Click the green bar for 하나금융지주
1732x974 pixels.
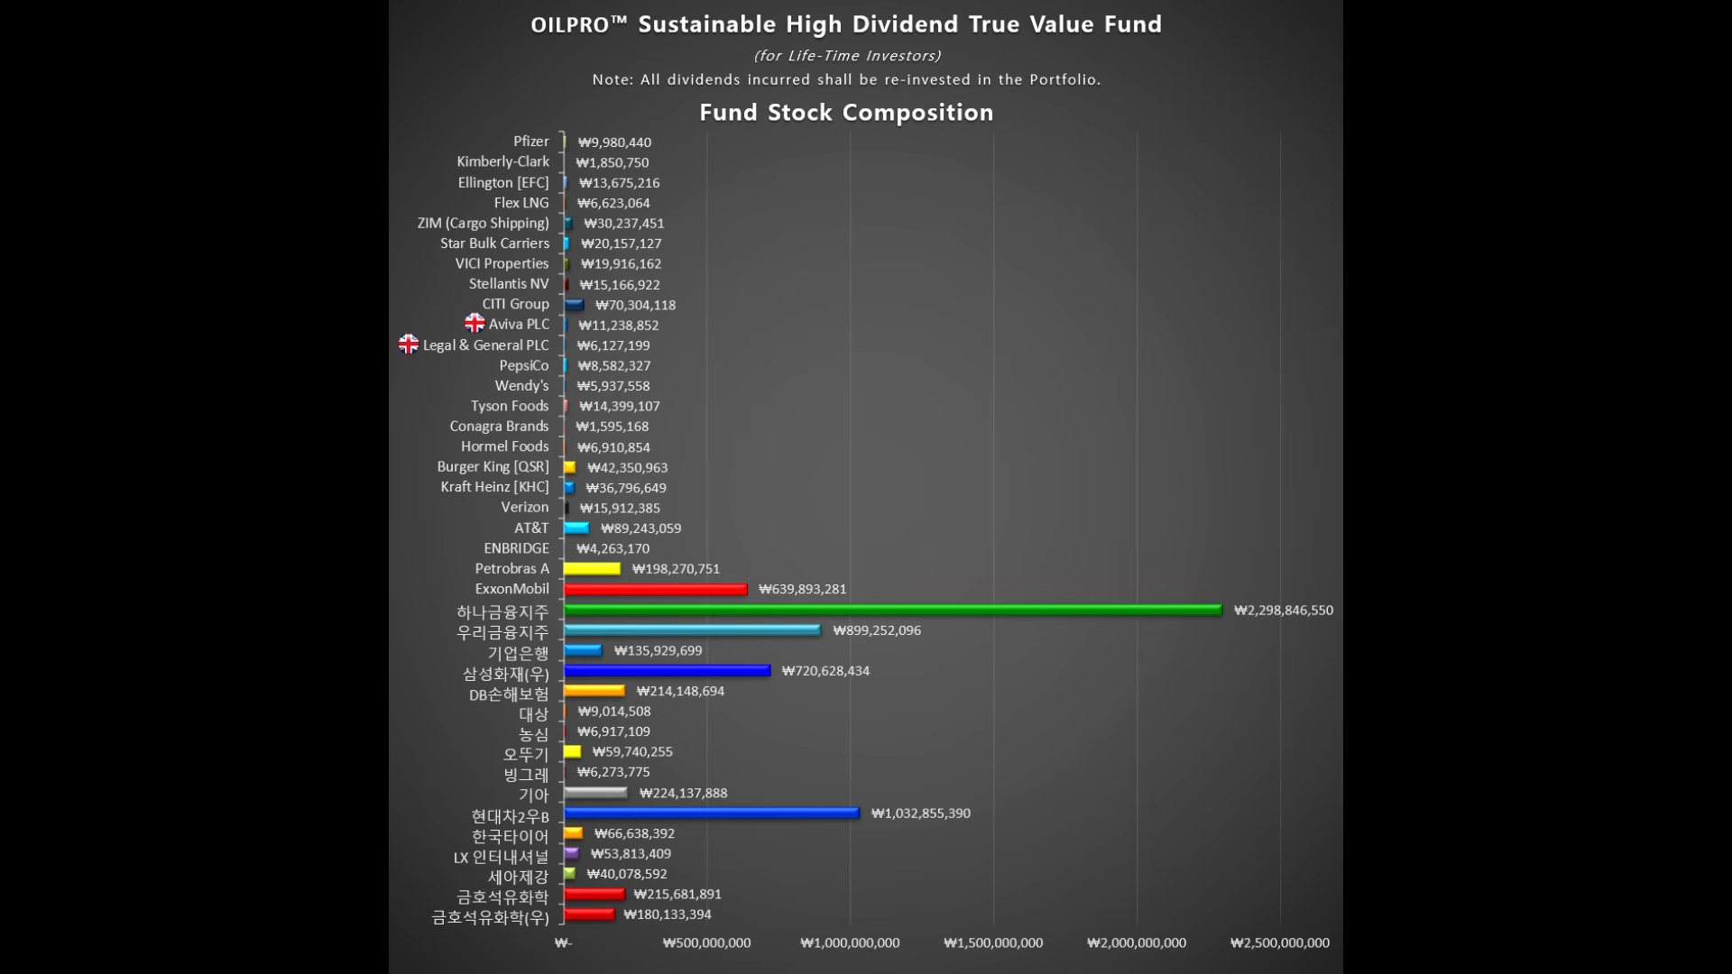click(892, 610)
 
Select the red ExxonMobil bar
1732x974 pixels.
click(655, 589)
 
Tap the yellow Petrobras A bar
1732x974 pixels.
click(592, 568)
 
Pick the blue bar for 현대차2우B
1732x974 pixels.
click(711, 813)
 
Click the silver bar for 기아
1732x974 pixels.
click(595, 793)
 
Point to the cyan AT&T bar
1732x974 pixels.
click(576, 528)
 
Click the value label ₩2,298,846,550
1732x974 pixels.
click(1283, 611)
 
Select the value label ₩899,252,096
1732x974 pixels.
click(877, 630)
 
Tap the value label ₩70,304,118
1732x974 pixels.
click(635, 305)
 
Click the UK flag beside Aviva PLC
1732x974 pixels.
click(474, 323)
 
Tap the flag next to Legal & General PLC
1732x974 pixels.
click(409, 344)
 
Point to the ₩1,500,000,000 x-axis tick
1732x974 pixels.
click(993, 942)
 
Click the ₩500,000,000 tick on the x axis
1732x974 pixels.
click(706, 942)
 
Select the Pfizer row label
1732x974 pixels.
click(530, 142)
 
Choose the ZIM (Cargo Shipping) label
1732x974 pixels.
click(483, 223)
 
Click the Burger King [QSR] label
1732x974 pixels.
click(493, 466)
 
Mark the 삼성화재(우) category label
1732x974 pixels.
click(505, 673)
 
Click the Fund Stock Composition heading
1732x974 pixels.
click(846, 113)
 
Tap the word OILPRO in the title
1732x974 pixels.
click(570, 25)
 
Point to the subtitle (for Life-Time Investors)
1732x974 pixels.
click(846, 56)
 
